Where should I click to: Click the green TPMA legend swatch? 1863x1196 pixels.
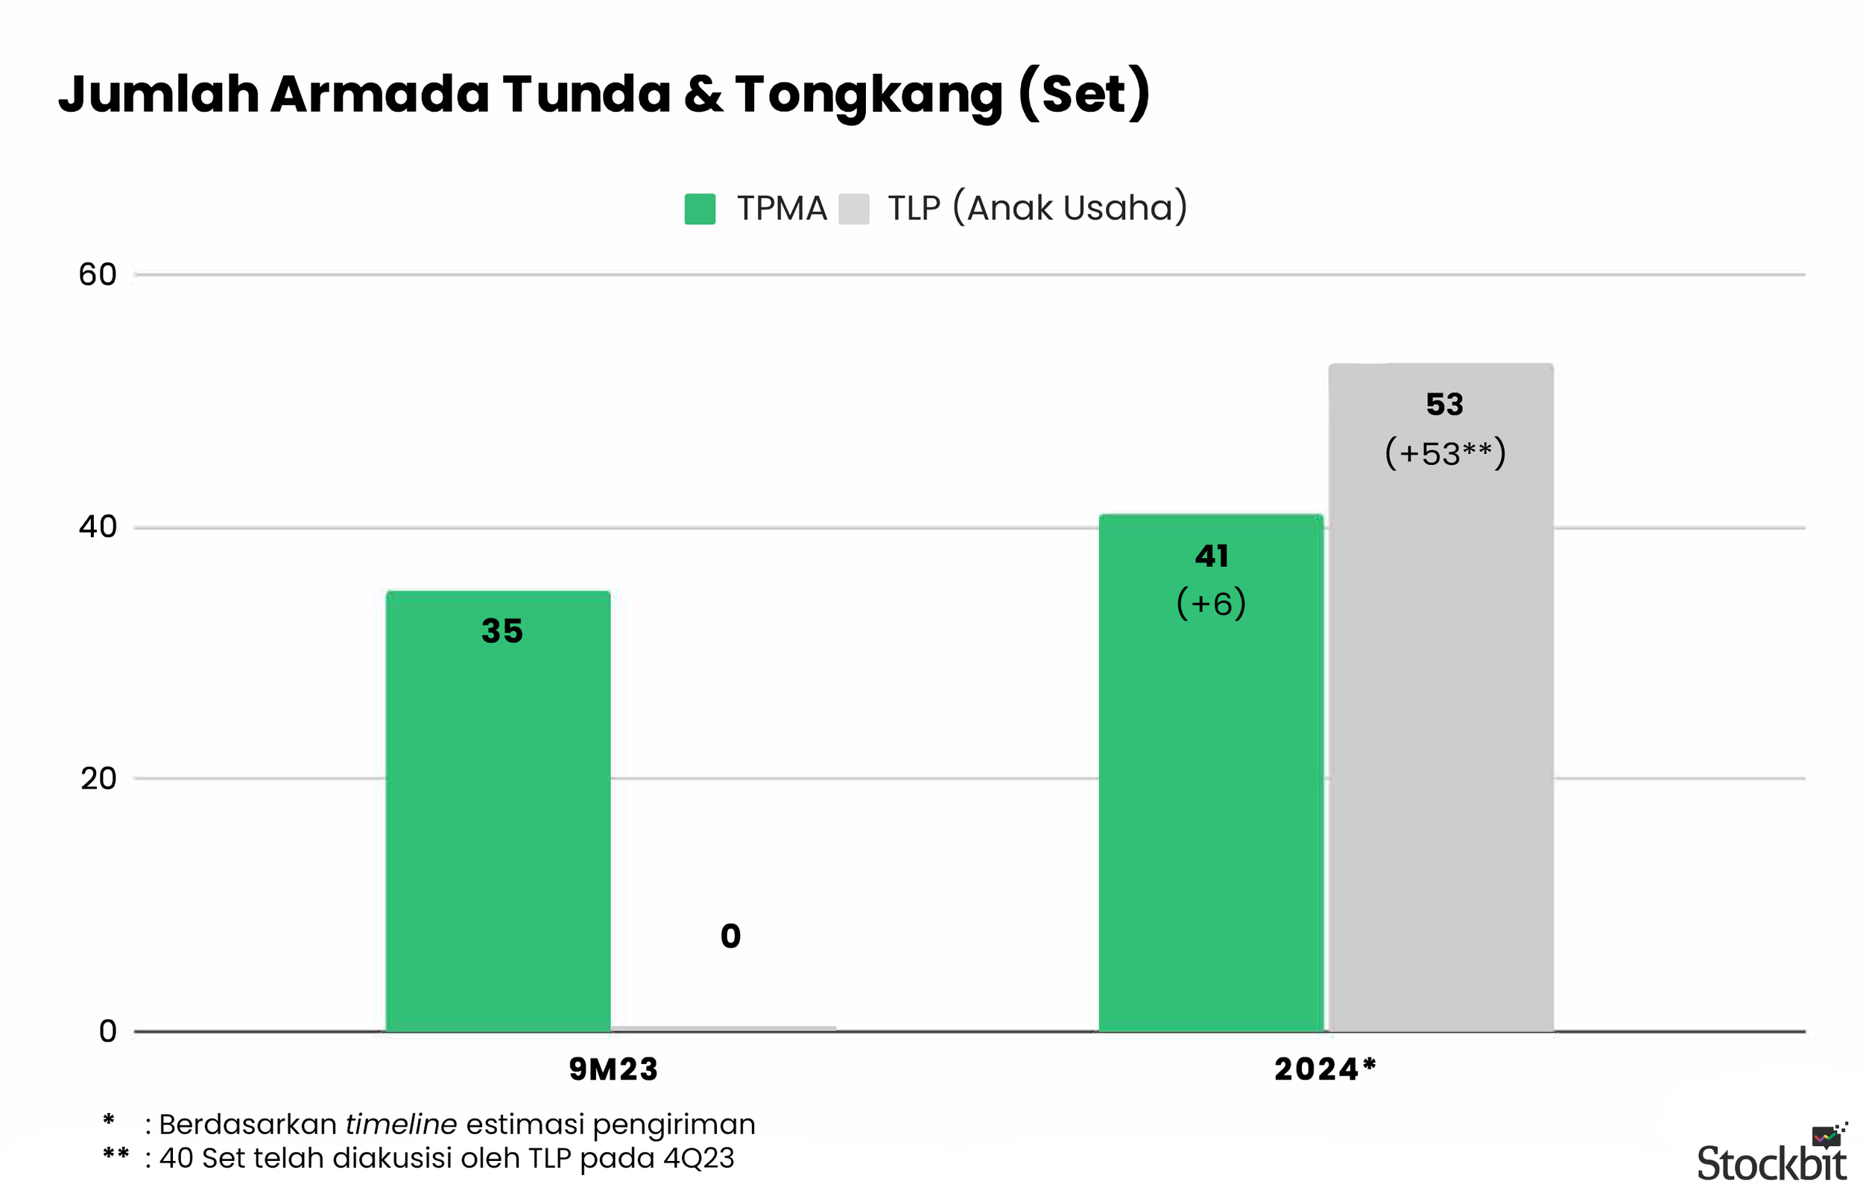point(699,209)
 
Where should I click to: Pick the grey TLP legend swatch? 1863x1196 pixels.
point(853,209)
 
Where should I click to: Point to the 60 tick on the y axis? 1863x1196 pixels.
point(97,275)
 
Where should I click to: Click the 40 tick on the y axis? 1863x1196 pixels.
point(97,528)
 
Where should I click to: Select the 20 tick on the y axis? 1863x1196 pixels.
point(98,778)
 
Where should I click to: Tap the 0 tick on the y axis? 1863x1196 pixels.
point(107,1031)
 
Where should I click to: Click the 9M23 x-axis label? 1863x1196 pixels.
point(613,1069)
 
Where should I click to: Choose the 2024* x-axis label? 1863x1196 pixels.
point(1325,1069)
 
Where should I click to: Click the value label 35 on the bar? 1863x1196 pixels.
point(502,630)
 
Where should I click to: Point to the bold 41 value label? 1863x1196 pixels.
point(1212,556)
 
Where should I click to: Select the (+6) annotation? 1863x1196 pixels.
point(1211,604)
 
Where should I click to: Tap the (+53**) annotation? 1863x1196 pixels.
point(1444,454)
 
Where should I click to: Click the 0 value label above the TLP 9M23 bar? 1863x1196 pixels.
point(730,936)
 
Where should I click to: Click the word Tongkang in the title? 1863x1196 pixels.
point(869,95)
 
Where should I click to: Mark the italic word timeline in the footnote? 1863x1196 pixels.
point(401,1124)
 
